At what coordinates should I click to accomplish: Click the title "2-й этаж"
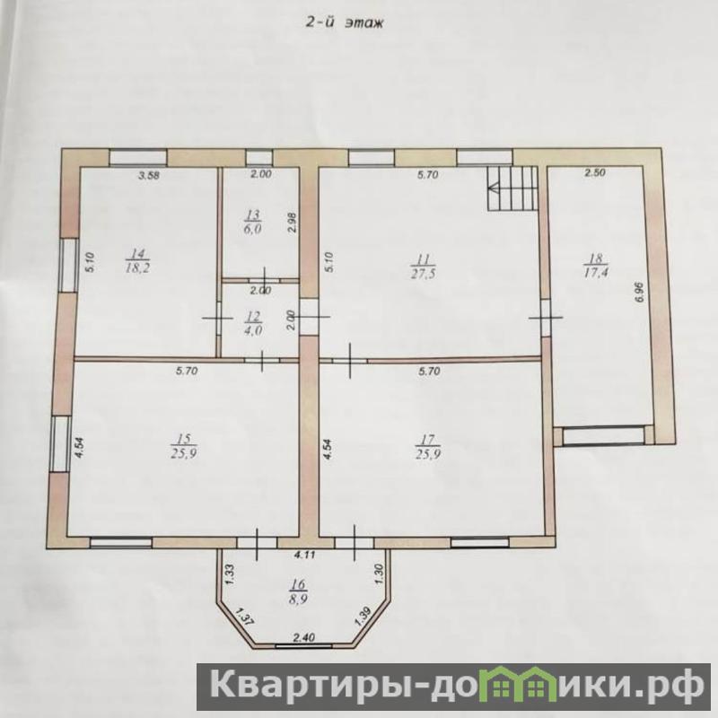click(345, 23)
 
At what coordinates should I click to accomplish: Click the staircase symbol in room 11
click(512, 188)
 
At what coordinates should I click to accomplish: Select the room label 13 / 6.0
click(253, 222)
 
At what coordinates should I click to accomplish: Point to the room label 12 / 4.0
click(254, 324)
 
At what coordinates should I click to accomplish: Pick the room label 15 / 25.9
click(184, 445)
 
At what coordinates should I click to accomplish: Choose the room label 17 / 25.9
click(427, 445)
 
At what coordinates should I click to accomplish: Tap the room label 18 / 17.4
click(595, 266)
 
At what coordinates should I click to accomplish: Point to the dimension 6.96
click(640, 292)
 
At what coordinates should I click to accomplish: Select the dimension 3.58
click(149, 174)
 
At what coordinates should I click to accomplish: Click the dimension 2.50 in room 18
click(595, 172)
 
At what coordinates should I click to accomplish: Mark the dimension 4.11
click(304, 556)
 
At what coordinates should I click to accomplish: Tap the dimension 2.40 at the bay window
click(303, 637)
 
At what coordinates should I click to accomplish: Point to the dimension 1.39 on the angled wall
click(363, 617)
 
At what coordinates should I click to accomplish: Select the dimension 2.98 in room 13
click(294, 223)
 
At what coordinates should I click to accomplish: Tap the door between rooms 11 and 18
click(546, 318)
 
